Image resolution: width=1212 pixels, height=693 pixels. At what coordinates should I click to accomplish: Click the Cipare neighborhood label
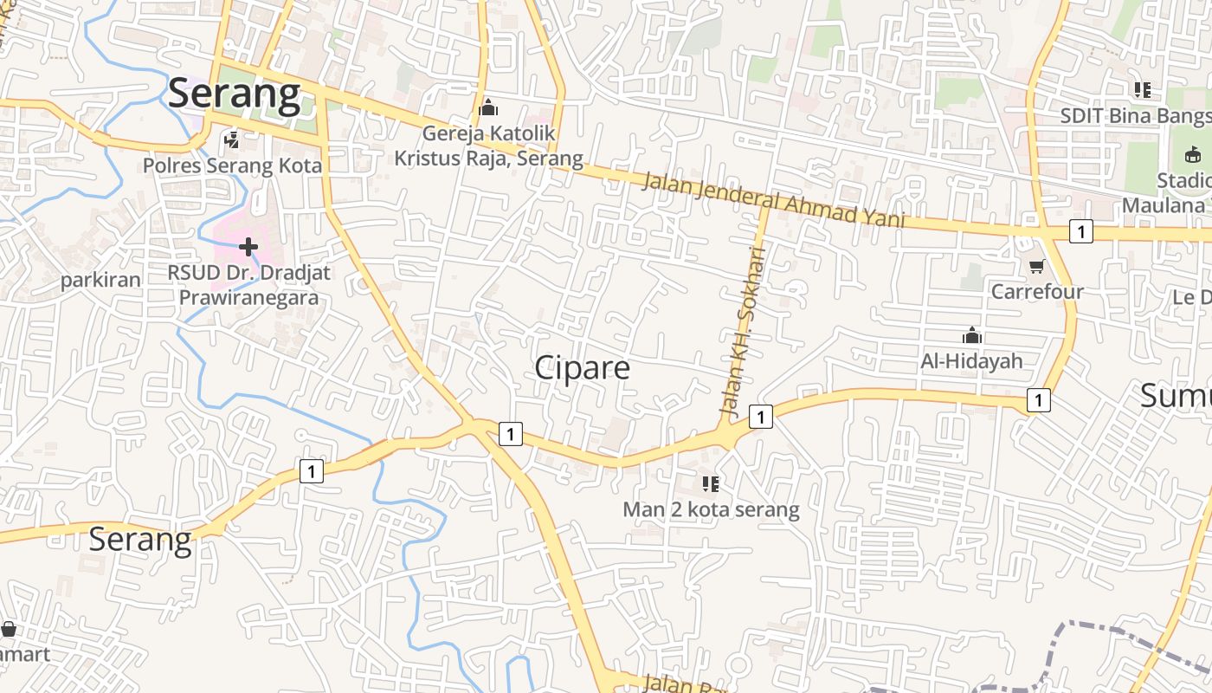(582, 367)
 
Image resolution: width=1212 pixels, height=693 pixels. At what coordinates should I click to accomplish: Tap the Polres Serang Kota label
(232, 165)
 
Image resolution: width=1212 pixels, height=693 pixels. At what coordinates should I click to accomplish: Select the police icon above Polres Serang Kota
(231, 139)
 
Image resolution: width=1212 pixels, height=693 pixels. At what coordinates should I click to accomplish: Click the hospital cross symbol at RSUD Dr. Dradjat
(248, 248)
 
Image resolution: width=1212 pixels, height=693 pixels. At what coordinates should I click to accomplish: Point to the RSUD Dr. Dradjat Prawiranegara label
(248, 285)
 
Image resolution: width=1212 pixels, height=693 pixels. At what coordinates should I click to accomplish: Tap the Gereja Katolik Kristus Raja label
(489, 146)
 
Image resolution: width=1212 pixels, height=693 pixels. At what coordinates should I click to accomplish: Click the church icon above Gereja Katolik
(488, 108)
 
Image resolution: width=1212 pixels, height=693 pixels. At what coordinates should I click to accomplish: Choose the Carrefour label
(1036, 291)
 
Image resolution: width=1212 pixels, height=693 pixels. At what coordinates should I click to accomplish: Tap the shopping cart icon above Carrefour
(1036, 265)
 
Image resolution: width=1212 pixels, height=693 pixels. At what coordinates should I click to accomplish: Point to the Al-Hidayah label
(971, 360)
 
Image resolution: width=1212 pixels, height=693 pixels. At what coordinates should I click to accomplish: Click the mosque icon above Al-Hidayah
(971, 335)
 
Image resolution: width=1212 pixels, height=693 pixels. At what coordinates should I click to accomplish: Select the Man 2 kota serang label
(711, 509)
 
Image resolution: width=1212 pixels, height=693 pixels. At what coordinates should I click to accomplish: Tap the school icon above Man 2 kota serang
(711, 483)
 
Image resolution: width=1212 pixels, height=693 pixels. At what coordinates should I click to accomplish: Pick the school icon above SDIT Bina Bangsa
(1143, 89)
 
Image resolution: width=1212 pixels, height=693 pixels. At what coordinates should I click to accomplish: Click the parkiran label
(100, 280)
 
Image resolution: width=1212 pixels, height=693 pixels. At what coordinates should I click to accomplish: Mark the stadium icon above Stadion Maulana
(1193, 154)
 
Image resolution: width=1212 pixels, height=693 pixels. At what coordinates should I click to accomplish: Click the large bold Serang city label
(234, 94)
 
